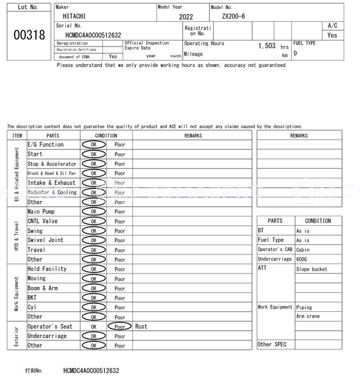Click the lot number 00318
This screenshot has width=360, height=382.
pos(29,35)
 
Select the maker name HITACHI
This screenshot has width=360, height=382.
pos(75,16)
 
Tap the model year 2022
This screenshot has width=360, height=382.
pos(186,17)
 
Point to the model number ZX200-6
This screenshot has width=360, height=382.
pos(233,16)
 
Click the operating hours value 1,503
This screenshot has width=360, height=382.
pos(267,46)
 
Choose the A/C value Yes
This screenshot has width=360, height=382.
pos(332,35)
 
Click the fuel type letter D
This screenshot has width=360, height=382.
pos(295,53)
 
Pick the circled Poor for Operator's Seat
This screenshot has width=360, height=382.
pos(120,326)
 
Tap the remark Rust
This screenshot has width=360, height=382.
pos(141,326)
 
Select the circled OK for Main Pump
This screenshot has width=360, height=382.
pos(93,212)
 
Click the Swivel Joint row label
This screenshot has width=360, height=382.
pos(46,240)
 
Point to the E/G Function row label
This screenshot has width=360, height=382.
pos(46,144)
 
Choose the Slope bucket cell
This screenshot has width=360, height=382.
pos(312,269)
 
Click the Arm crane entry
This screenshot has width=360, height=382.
pos(308,316)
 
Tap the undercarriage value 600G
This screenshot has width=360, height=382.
pos(303,259)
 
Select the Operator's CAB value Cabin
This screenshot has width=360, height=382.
pos(303,249)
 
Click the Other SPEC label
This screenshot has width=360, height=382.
pos(272,344)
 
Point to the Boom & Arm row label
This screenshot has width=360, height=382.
pos(43,288)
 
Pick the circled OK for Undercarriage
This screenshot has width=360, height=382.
pos(93,336)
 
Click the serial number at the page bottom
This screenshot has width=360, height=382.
pos(91,371)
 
